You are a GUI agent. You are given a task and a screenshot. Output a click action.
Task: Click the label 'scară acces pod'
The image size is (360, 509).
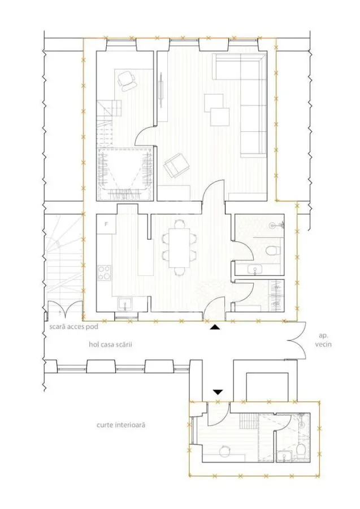[73, 326]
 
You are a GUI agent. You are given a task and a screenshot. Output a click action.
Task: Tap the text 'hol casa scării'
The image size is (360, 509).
[110, 344]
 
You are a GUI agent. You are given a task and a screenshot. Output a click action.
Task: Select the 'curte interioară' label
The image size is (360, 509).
[120, 425]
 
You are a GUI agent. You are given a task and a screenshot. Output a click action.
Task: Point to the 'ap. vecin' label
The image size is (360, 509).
[323, 340]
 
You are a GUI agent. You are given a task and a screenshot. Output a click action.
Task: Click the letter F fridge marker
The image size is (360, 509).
[106, 223]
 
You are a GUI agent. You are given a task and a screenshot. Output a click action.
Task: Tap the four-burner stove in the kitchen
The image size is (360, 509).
[104, 273]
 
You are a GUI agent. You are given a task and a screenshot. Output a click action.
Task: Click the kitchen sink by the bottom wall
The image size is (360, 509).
[125, 304]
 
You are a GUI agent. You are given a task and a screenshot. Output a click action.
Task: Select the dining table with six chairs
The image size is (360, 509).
[179, 248]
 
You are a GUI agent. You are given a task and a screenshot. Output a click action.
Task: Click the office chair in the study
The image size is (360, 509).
[127, 80]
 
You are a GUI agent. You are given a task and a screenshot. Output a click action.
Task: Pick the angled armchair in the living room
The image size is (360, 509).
[176, 165]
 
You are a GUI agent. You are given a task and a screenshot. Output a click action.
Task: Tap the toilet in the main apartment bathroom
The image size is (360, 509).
[272, 251]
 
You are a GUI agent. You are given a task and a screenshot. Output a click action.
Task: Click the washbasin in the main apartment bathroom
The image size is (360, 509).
[254, 269]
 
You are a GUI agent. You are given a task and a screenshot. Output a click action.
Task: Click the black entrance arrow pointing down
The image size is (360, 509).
[218, 392]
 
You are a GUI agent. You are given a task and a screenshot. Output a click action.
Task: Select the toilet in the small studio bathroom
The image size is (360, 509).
[301, 450]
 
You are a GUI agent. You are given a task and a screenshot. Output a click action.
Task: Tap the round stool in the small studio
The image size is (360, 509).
[224, 451]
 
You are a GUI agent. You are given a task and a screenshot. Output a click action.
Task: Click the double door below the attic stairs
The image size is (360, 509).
[64, 309]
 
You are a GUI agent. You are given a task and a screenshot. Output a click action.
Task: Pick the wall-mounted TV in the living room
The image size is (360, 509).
[161, 89]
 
